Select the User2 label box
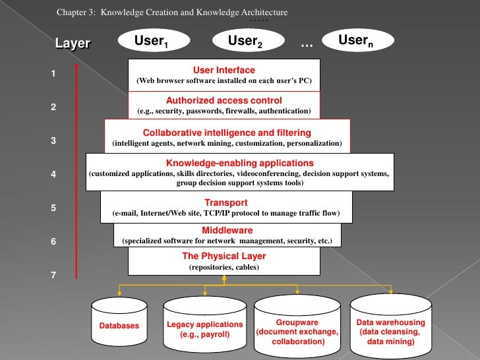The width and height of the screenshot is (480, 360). (x=245, y=43)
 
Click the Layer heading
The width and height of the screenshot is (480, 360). (x=73, y=44)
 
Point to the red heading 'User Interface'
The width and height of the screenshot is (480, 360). (x=224, y=70)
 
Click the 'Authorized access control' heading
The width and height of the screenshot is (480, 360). (x=224, y=101)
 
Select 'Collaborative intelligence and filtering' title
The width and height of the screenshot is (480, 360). (x=227, y=132)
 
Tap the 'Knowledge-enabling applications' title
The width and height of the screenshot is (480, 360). (x=239, y=163)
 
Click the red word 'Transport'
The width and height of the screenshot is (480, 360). (x=225, y=202)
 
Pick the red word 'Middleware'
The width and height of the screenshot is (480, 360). (x=227, y=230)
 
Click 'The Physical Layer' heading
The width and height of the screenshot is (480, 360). (x=224, y=256)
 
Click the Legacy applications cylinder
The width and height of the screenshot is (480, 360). (x=205, y=322)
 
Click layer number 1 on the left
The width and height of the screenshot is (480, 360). (x=53, y=74)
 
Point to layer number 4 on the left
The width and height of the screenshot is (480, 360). (x=53, y=175)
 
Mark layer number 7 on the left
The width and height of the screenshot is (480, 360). (x=53, y=275)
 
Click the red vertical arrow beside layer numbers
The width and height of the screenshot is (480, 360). (x=77, y=171)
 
